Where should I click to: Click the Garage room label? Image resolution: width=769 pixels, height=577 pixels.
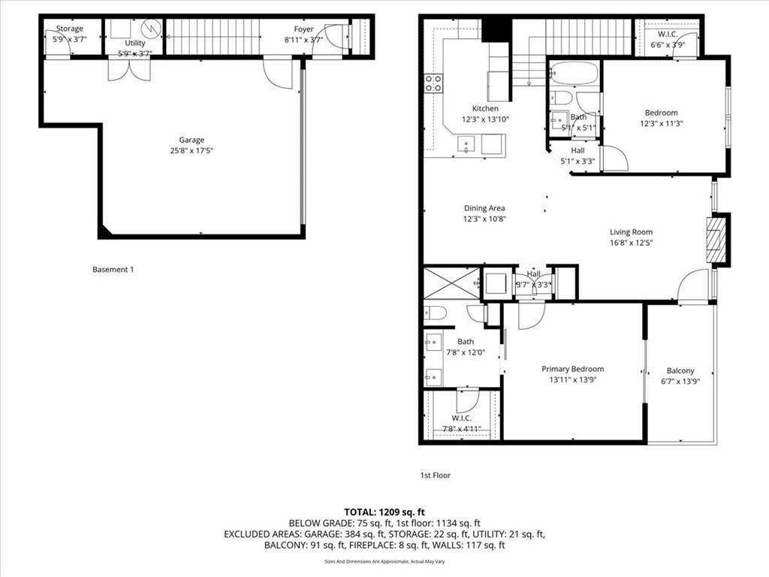tap(191, 140)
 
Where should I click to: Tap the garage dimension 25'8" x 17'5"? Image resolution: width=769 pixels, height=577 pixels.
tap(191, 150)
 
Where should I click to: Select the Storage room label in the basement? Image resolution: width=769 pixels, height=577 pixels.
tap(69, 29)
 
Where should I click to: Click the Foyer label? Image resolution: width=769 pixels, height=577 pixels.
tap(303, 29)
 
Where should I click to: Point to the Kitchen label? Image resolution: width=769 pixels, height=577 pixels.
tap(485, 108)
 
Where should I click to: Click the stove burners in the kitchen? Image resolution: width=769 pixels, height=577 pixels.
tap(433, 83)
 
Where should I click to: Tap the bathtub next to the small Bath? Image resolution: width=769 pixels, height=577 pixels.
tap(574, 74)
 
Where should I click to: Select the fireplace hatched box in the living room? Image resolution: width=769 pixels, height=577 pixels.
tap(717, 240)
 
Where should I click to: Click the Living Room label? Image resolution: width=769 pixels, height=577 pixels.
tap(631, 232)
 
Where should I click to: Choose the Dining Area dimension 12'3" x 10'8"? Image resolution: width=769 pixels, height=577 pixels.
tap(484, 219)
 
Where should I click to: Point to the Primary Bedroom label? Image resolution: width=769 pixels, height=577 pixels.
tap(573, 369)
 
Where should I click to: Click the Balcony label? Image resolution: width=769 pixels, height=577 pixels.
tap(680, 370)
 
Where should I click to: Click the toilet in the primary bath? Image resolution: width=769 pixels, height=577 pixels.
tap(436, 313)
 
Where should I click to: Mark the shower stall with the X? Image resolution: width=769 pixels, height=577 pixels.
tap(451, 282)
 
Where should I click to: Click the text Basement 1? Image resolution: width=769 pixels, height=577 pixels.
tap(113, 269)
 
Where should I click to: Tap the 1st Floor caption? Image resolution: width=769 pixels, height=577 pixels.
tap(435, 475)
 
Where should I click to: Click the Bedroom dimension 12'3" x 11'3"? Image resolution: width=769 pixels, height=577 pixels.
tap(661, 124)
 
